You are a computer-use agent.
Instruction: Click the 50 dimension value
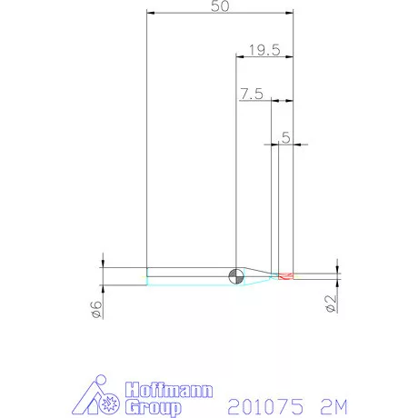220,6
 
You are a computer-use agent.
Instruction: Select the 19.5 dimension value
264,50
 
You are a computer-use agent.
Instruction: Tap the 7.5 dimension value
252,94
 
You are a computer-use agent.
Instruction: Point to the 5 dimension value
286,138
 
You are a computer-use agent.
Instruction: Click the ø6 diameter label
96,309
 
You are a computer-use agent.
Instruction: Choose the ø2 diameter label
331,304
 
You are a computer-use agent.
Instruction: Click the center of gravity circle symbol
236,276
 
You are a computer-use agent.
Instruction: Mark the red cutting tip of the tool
286,276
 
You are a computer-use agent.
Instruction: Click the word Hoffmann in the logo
169,390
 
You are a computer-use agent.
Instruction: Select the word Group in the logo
154,407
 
